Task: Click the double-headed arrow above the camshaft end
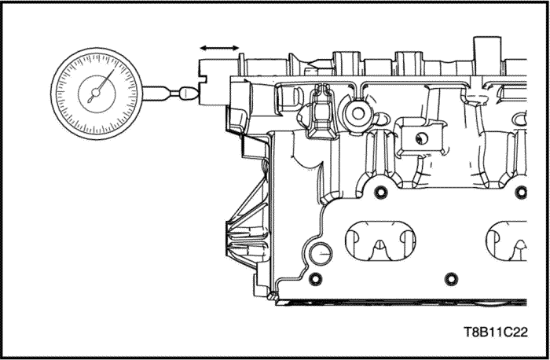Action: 219,48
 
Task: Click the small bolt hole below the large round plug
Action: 316,279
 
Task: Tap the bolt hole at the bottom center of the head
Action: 450,277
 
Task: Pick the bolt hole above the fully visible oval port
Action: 381,193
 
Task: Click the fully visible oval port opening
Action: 381,238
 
